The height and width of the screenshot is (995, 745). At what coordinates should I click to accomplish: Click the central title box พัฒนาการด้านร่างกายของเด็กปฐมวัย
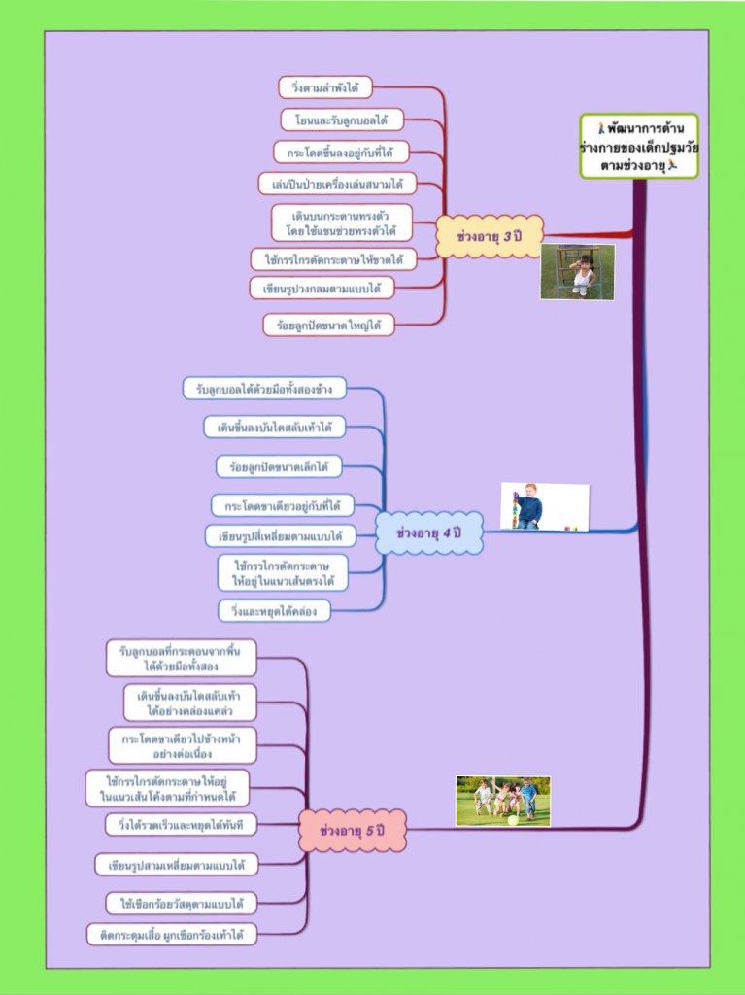click(x=638, y=146)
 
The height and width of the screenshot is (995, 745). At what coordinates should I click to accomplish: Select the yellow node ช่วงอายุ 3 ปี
click(x=488, y=235)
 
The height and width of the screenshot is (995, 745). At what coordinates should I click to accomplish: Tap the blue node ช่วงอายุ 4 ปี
click(x=428, y=532)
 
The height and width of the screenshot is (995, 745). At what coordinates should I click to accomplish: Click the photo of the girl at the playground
click(x=578, y=271)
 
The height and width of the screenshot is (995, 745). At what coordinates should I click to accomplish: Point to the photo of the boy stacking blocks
click(x=544, y=506)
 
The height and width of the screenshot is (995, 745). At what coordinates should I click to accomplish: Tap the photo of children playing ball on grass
click(x=502, y=801)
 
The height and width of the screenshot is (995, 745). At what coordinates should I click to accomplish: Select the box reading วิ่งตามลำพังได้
click(x=325, y=88)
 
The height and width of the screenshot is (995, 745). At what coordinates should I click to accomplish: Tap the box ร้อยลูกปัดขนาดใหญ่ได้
click(x=328, y=325)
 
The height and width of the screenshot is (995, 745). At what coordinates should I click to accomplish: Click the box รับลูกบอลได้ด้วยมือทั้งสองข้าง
click(x=264, y=389)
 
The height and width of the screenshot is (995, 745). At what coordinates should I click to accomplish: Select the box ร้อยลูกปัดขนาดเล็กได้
click(x=279, y=467)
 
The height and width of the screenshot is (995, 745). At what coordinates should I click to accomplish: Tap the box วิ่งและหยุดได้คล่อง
click(x=274, y=610)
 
